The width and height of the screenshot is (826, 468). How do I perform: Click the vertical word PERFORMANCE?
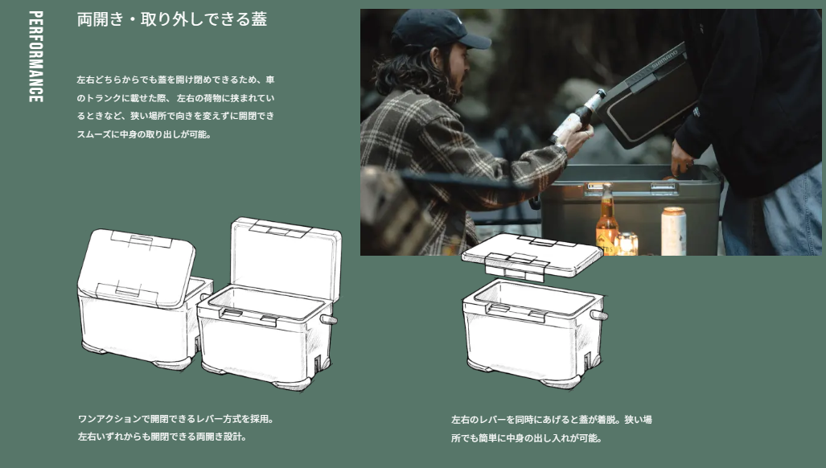tap(36, 56)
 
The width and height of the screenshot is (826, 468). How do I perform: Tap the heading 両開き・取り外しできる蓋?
tap(172, 19)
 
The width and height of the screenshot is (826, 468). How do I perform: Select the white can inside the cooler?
tap(674, 231)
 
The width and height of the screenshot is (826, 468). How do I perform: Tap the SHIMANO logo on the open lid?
tap(665, 60)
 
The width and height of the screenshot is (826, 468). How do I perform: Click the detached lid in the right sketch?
tap(532, 257)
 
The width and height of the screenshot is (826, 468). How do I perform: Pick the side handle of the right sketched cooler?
tap(599, 315)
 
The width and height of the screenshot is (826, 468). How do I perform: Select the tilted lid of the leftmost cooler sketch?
tap(136, 268)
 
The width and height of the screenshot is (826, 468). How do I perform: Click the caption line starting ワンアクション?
tap(176, 419)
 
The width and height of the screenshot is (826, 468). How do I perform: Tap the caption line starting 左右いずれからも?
tap(162, 437)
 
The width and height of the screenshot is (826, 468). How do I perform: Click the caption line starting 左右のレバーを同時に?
tap(552, 420)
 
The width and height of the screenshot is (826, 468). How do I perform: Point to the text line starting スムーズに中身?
tap(144, 134)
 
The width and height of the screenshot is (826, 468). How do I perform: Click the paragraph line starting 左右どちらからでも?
tap(176, 80)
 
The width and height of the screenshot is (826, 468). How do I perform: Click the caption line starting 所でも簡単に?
tap(526, 438)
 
